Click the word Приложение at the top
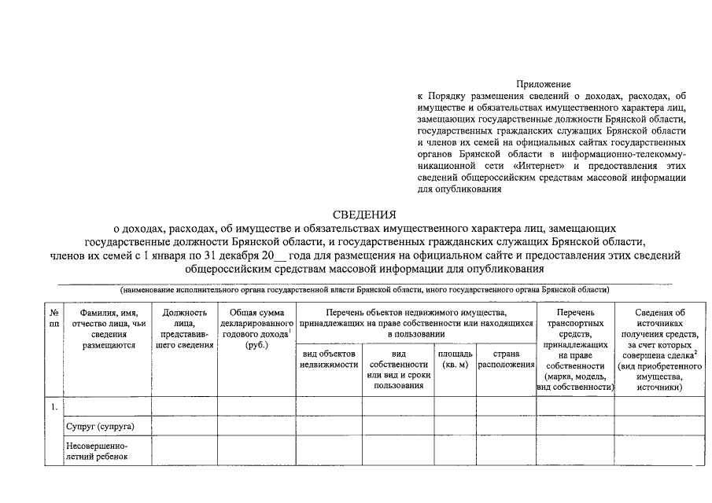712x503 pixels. tap(543, 83)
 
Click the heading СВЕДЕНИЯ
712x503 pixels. tap(364, 215)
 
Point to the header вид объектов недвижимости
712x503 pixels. tap(330, 360)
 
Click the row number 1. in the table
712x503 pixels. tap(53, 406)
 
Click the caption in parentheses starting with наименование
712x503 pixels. tap(364, 290)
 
